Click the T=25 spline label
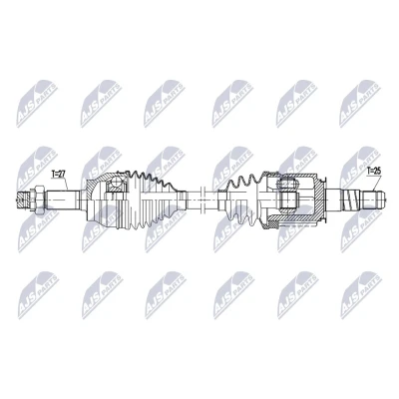[x=373, y=172]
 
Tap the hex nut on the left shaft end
[x=37, y=199]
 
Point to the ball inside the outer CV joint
[x=116, y=182]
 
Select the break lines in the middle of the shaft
[x=202, y=199]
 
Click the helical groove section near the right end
[x=351, y=199]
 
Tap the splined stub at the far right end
[x=373, y=199]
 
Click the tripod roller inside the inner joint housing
[x=288, y=195]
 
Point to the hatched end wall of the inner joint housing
[x=320, y=198]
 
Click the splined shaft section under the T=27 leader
[x=63, y=199]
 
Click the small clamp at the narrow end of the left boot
[x=182, y=199]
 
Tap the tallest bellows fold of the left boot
[x=136, y=199]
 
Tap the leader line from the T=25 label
[x=376, y=183]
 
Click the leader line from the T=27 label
[x=66, y=184]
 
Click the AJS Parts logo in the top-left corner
[x=38, y=103]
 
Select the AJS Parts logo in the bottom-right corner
[x=361, y=295]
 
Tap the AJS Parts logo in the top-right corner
[x=360, y=103]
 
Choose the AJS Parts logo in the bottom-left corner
[x=38, y=295]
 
